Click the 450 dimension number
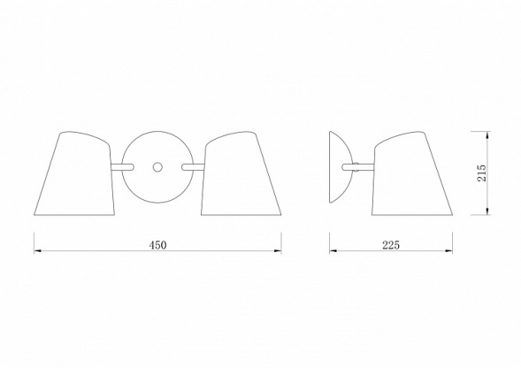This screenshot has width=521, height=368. (x=157, y=245)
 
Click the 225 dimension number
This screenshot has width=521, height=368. (x=391, y=245)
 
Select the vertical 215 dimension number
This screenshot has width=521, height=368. (x=481, y=173)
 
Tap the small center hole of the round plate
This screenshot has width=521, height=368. (x=157, y=167)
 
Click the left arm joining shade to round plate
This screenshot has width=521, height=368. (x=122, y=167)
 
